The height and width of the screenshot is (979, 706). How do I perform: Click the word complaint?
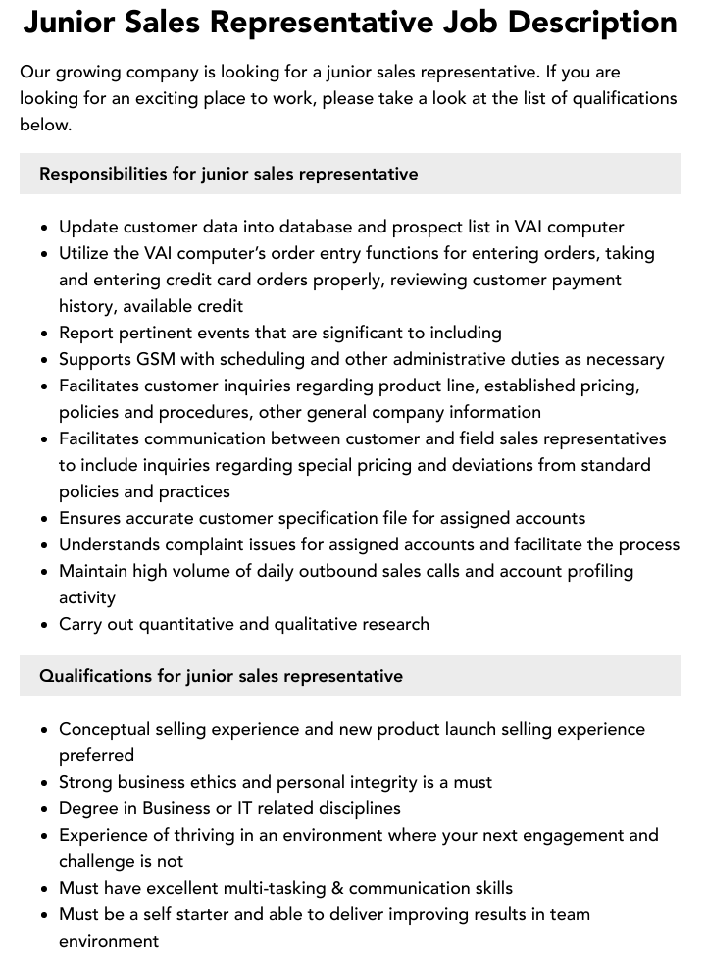point(199,544)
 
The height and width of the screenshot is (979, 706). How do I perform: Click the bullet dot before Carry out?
point(45,625)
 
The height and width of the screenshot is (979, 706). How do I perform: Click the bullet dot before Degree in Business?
point(45,809)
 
